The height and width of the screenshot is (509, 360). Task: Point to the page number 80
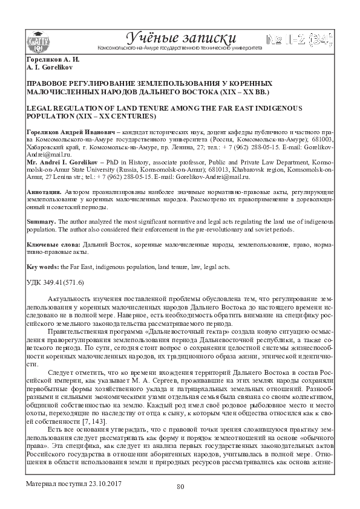[180, 487]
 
